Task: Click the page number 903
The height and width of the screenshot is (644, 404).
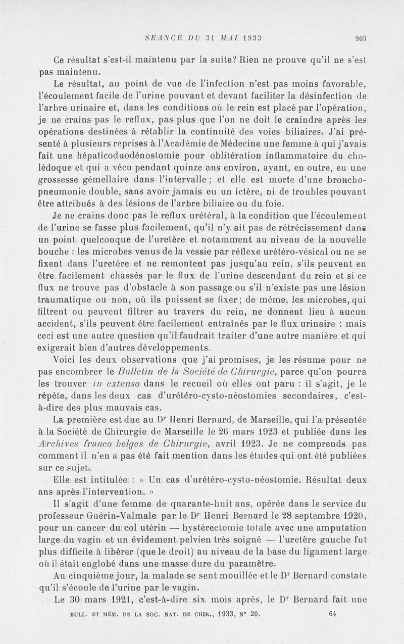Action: click(360, 37)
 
